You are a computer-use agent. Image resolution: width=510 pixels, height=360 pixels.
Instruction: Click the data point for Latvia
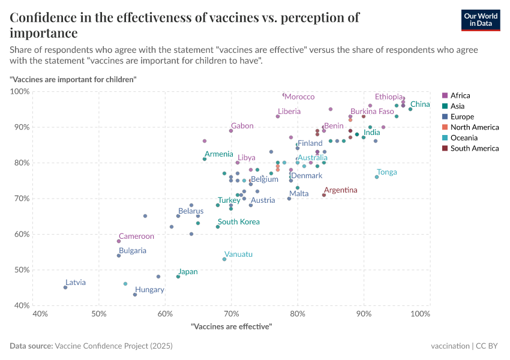65,287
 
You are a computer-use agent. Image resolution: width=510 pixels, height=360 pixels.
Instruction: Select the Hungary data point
135,295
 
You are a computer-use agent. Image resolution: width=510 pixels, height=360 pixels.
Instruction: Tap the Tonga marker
377,177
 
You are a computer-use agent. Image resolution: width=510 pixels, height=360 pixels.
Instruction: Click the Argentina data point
324,195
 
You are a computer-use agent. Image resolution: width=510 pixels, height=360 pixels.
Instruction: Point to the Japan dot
178,277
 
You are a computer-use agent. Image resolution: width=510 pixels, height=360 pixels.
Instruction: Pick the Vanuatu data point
224,259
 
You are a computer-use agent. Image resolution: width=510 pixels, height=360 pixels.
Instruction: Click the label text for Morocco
299,97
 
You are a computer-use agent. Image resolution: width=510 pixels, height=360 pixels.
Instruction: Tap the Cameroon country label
136,236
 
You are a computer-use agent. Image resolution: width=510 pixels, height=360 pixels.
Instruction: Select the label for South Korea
239,222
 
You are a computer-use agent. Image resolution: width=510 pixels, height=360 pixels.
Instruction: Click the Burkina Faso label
372,112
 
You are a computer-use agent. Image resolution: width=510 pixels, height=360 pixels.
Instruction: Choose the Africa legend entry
460,95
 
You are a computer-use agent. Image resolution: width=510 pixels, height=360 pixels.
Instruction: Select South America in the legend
474,148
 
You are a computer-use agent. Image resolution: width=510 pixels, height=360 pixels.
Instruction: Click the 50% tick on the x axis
99,314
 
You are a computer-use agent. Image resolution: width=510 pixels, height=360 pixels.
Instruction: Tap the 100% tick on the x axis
421,314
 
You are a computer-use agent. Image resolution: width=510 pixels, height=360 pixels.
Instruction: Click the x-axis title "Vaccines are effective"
231,326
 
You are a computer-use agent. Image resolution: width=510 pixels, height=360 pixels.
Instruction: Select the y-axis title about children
73,79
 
